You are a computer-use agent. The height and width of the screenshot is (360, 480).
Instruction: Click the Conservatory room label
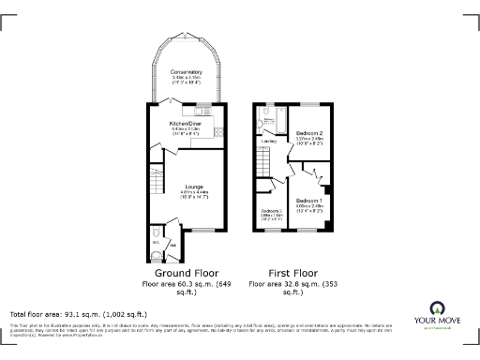pyautogui.click(x=185, y=72)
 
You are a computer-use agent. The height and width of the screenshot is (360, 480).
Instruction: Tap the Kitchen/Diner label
pyautogui.click(x=185, y=123)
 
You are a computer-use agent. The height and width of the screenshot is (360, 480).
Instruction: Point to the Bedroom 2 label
pyautogui.click(x=310, y=134)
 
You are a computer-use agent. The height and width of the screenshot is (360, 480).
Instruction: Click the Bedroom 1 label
pyautogui.click(x=309, y=201)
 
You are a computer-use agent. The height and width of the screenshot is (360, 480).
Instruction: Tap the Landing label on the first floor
pyautogui.click(x=268, y=142)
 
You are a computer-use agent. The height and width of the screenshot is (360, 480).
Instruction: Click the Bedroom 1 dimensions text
pyautogui.click(x=309, y=208)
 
